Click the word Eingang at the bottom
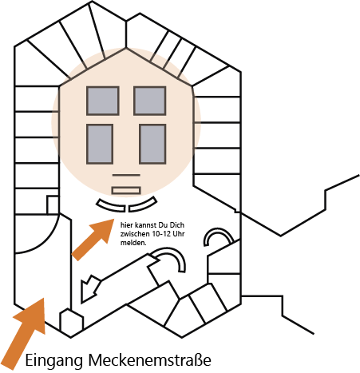(x=54, y=361)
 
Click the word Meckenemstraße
(x=150, y=359)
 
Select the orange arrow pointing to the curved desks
(x=93, y=240)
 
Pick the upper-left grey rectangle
(x=102, y=101)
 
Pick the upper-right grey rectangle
(x=150, y=101)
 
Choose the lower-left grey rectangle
(x=100, y=144)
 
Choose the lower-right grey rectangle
(x=152, y=144)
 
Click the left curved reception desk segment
(x=110, y=206)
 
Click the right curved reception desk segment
(x=143, y=206)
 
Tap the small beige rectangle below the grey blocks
(x=126, y=190)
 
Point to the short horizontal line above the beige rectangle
(x=126, y=175)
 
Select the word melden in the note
(x=133, y=243)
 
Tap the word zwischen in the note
(x=135, y=234)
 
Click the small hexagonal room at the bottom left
(x=71, y=323)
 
